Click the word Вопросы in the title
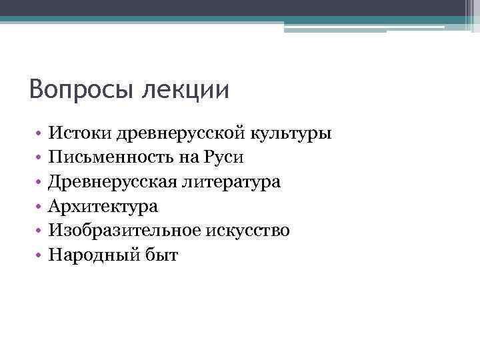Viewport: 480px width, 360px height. tap(81, 89)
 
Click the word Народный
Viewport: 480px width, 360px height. tap(91, 255)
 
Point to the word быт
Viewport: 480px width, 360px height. tap(160, 255)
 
